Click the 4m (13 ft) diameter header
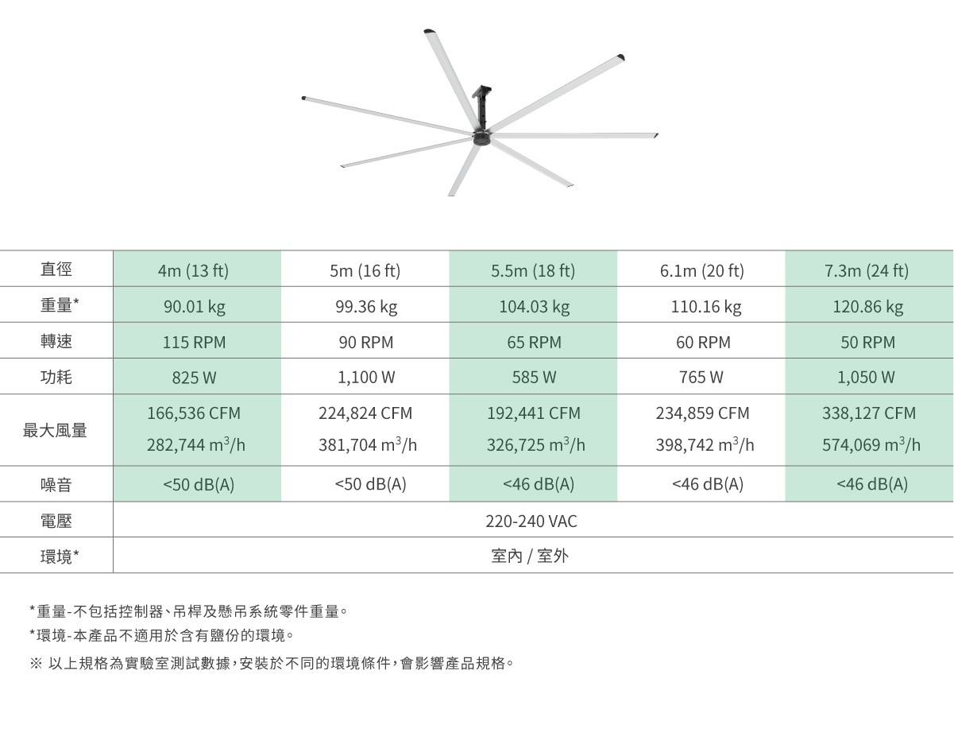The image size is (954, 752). [193, 271]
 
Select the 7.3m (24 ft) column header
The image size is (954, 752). [867, 271]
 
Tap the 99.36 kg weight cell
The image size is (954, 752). [365, 307]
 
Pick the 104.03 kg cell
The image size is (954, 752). [534, 307]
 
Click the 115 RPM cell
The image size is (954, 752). [194, 343]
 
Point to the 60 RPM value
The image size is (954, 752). [701, 343]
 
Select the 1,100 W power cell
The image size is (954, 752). [366, 378]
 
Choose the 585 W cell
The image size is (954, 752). [534, 378]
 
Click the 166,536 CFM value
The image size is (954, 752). [194, 413]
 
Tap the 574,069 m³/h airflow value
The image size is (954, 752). [871, 445]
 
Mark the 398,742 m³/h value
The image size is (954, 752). [705, 445]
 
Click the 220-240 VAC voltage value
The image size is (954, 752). [531, 521]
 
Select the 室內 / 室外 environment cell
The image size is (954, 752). [531, 556]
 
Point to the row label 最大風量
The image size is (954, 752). [56, 430]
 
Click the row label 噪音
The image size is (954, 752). [56, 484]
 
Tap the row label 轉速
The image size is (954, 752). [56, 342]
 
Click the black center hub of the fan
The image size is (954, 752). [482, 138]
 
